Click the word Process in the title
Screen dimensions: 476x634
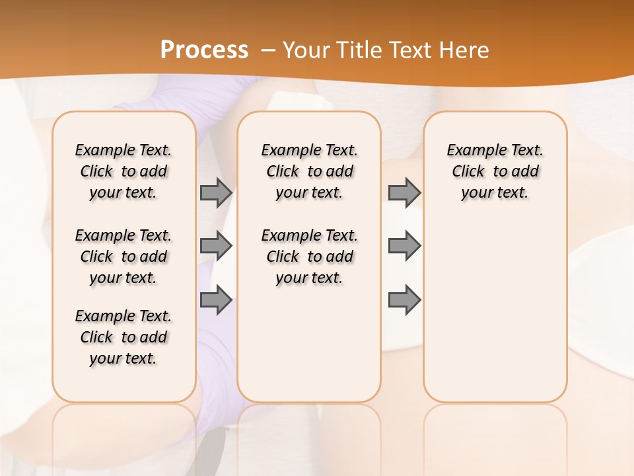(x=204, y=50)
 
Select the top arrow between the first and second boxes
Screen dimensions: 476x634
(x=216, y=193)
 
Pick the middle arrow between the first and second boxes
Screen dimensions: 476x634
(x=216, y=246)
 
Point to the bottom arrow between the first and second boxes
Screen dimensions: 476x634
(x=216, y=300)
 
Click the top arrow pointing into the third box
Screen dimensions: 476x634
(x=404, y=193)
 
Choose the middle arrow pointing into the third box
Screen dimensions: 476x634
(x=404, y=246)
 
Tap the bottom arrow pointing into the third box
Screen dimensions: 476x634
(x=404, y=300)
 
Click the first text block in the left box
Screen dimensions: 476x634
(x=123, y=171)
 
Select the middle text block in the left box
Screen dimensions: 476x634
(x=123, y=257)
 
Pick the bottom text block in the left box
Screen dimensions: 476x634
(x=123, y=337)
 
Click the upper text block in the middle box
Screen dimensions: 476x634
(x=310, y=171)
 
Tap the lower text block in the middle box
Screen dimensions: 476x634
(x=310, y=257)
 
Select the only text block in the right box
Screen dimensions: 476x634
(x=495, y=171)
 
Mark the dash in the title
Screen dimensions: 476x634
(x=269, y=50)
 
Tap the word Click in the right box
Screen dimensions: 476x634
(x=468, y=172)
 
